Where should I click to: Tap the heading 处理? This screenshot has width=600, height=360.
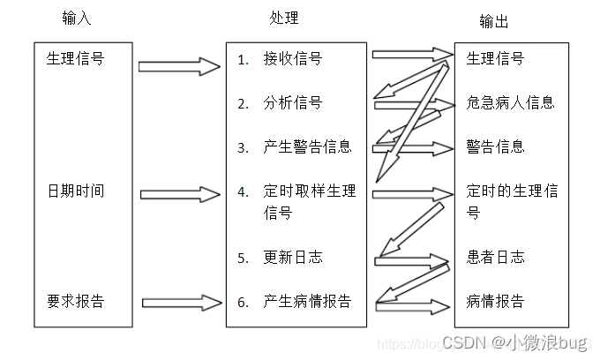coord(284,19)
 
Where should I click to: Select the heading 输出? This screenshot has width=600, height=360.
coord(494,22)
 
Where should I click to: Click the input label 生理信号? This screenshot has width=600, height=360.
coord(75,60)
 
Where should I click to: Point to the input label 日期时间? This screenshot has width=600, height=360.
coord(75,191)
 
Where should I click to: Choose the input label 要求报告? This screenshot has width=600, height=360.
coord(75,301)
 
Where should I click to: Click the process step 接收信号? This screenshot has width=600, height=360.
coord(292,60)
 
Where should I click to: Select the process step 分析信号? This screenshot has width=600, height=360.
coord(292,103)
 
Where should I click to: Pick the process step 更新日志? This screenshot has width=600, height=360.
coord(292,258)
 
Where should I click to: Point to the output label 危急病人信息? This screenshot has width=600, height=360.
coord(510,102)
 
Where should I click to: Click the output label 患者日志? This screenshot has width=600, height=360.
coord(495,258)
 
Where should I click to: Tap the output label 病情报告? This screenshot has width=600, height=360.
coord(495,302)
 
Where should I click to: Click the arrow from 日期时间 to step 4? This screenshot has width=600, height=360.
coord(180,193)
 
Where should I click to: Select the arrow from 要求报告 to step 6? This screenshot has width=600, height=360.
coord(180,303)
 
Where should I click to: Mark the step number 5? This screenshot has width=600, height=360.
coord(243,259)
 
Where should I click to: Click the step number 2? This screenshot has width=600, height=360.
coord(243,104)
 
